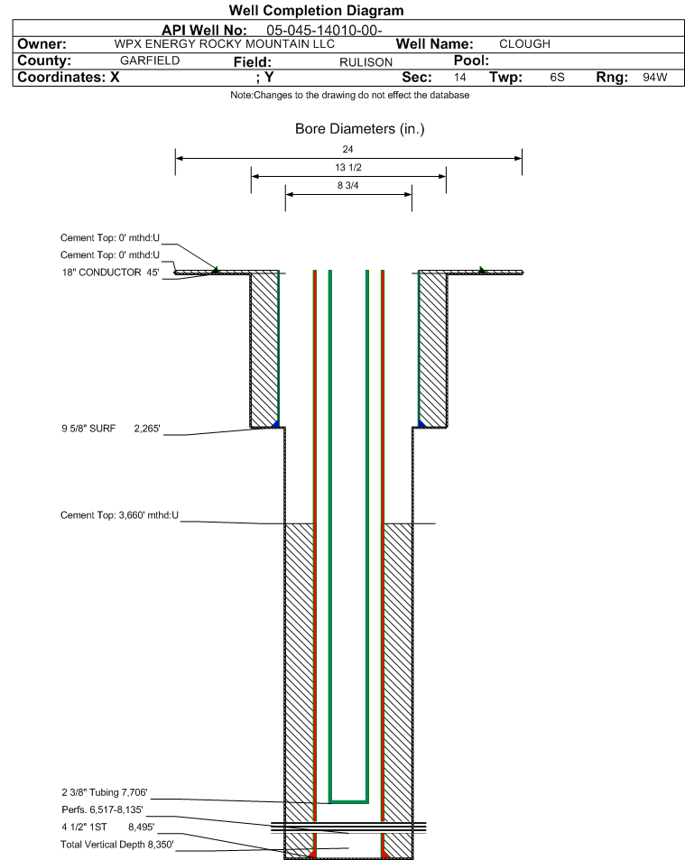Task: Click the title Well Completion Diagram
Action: point(316,11)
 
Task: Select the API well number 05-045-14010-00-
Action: point(324,30)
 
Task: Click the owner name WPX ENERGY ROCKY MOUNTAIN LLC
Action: point(225,44)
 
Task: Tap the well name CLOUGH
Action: point(524,44)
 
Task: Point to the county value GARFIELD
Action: point(150,60)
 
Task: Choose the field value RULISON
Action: point(366,62)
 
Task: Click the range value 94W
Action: point(655,77)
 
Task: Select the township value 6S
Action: point(557,77)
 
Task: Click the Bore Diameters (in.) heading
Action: point(360,129)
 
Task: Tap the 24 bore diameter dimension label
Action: point(347,149)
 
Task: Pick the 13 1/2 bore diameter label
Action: point(348,167)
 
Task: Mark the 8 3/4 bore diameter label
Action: point(347,185)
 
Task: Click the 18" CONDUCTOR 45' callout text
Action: point(110,272)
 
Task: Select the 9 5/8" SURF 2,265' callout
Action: point(111,429)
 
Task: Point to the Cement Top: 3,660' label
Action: point(119,515)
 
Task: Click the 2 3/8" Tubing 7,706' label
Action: point(104,792)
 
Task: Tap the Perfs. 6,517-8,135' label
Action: point(102,809)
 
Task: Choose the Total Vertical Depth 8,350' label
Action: point(116,844)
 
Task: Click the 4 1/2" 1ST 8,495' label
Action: point(108,827)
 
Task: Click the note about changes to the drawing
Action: point(350,95)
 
